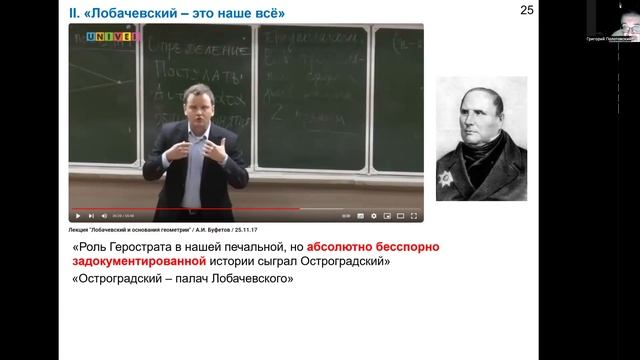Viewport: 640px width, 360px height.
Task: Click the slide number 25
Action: (527, 10)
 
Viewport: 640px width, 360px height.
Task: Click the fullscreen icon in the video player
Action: (416, 215)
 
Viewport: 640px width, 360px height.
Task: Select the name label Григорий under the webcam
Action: (597, 38)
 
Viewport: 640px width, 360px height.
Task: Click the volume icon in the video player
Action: (103, 215)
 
